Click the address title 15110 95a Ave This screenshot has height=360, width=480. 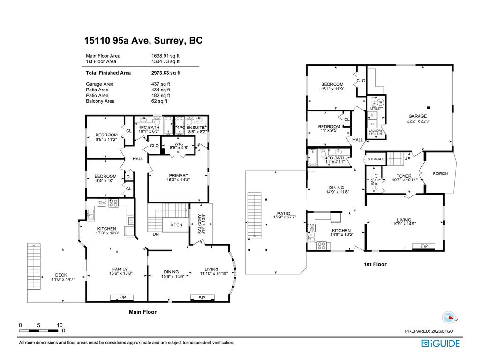143,41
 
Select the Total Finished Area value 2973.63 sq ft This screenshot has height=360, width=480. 165,73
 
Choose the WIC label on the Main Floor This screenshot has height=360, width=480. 178,143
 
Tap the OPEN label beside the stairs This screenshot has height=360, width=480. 176,225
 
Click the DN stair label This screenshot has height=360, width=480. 156,234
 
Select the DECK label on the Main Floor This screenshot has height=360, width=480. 61,275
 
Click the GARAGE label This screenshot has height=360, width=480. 417,116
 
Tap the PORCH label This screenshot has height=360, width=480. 440,173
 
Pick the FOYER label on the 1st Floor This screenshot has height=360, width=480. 390,176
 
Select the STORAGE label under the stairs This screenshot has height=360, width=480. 376,159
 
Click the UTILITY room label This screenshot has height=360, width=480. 376,109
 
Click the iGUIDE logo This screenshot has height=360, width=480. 440,344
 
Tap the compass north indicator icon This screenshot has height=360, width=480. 449,317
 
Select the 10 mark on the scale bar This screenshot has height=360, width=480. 60,325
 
